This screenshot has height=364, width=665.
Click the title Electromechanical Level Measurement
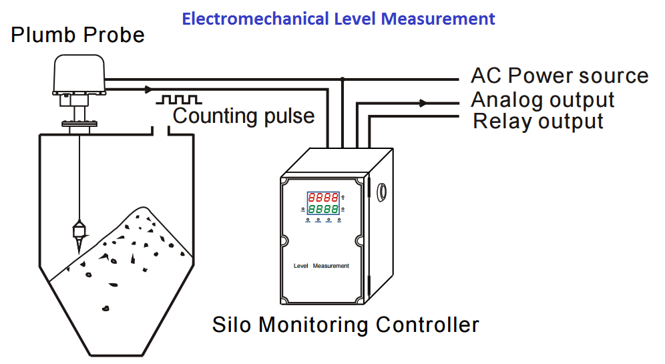339,18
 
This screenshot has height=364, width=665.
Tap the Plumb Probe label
77,35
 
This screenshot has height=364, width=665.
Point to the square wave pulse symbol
178,100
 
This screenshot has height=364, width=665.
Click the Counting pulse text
244,116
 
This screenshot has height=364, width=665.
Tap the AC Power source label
559,75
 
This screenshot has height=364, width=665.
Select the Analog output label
542,100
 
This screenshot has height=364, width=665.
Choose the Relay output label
538,122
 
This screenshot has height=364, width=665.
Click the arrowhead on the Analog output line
423,103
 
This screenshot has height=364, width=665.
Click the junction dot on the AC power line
343,79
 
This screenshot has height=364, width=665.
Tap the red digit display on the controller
322,198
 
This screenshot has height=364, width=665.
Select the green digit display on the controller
322,210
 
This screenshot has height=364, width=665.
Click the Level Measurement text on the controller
321,266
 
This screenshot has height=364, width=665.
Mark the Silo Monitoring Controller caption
345,325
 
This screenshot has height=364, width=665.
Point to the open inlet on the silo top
160,131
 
